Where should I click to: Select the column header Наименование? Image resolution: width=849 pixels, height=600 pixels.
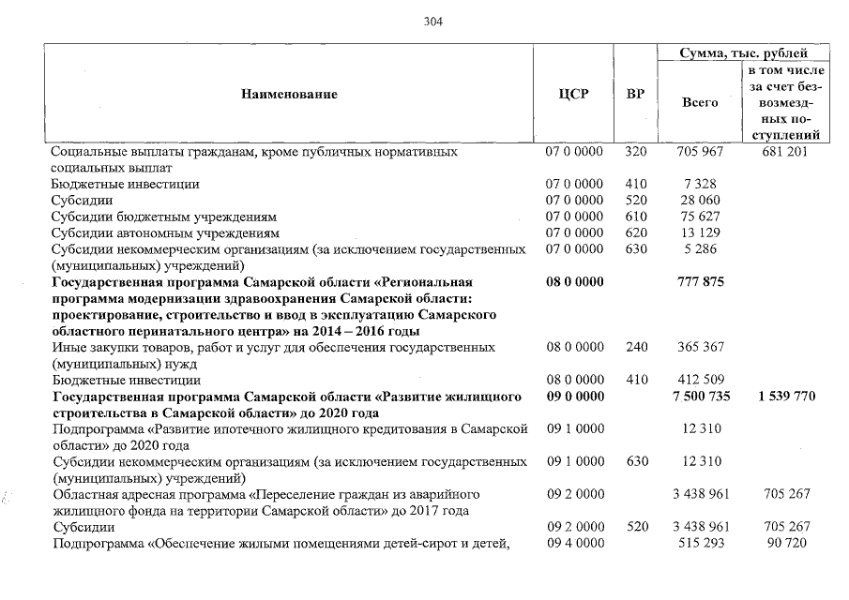[289, 94]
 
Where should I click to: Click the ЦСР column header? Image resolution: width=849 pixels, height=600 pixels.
[573, 94]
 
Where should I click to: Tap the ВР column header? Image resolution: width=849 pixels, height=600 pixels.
[635, 94]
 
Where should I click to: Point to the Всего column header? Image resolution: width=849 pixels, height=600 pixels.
[700, 103]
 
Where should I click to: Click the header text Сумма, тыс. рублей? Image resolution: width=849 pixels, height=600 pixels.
[743, 53]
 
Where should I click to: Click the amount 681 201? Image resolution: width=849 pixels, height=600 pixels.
[786, 152]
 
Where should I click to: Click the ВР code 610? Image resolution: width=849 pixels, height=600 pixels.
[636, 217]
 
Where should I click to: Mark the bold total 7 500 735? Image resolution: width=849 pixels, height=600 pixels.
[696, 397]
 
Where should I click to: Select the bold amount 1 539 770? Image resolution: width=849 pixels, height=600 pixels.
[786, 397]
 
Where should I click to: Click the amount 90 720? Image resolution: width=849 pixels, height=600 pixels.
[786, 544]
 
